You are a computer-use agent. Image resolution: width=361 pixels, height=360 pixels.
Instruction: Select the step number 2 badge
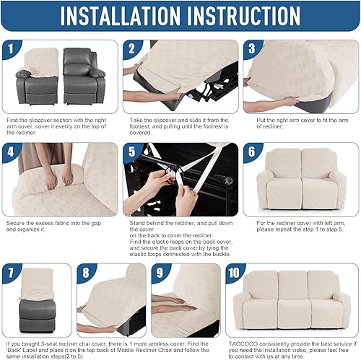tap(131, 48)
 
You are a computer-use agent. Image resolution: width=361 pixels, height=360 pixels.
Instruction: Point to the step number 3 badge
tap(251, 48)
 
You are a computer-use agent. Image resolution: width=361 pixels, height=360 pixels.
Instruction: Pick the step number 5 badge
tap(131, 152)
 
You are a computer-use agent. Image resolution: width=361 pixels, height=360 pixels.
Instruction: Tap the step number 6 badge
tap(251, 152)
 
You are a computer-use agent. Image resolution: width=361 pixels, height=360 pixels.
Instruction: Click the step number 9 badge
tap(160, 273)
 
